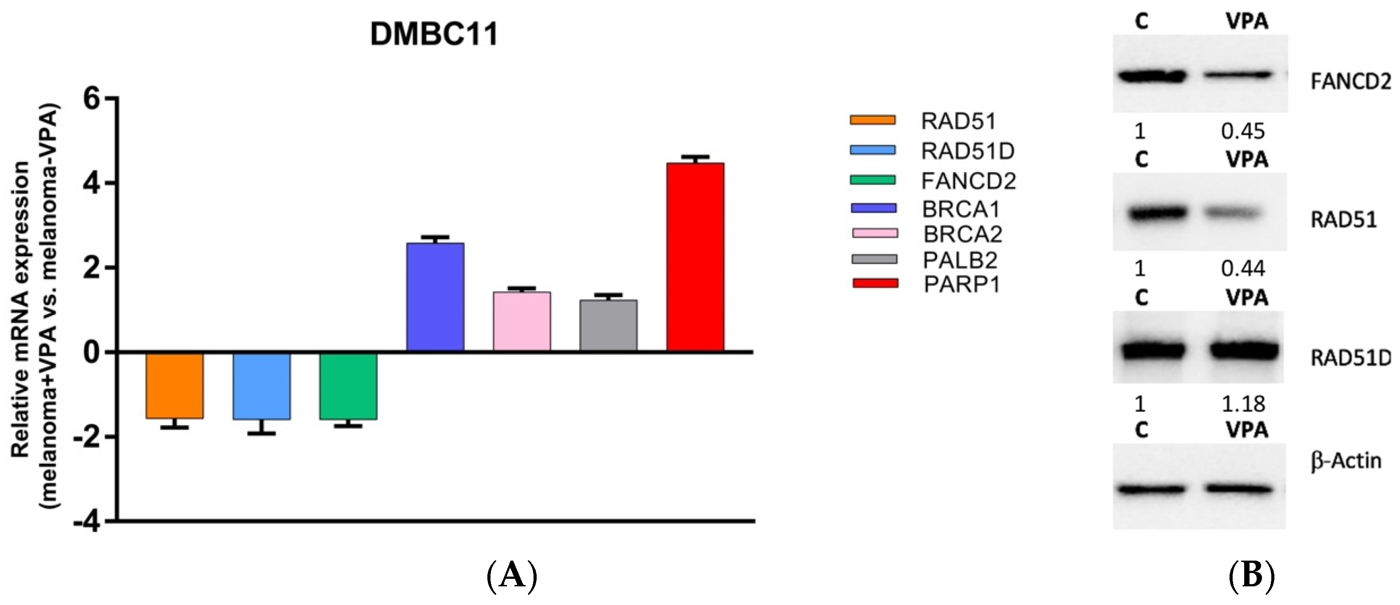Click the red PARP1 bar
click(x=695, y=257)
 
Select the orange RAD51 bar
click(x=174, y=385)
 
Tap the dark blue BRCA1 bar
click(x=435, y=297)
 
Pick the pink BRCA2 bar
click(x=522, y=321)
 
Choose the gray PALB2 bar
click(x=608, y=325)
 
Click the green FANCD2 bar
click(x=348, y=386)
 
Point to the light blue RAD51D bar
click(x=261, y=386)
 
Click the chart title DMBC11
click(x=434, y=34)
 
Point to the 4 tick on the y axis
click(x=92, y=183)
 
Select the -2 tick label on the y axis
click(x=87, y=437)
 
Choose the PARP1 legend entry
click(x=962, y=284)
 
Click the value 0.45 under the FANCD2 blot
click(x=1243, y=131)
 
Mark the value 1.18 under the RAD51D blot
click(x=1243, y=404)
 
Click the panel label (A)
click(x=511, y=576)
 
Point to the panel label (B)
click(x=1252, y=576)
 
